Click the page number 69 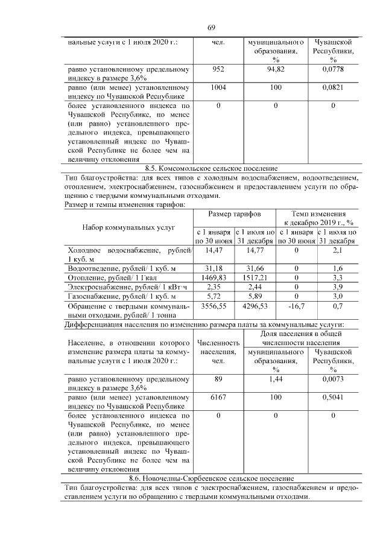(212, 28)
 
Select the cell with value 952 (218, 69)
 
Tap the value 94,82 (275, 69)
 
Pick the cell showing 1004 (218, 87)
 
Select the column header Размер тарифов (235, 215)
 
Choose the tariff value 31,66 (255, 268)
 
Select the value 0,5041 (332, 398)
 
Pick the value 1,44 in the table (275, 379)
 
